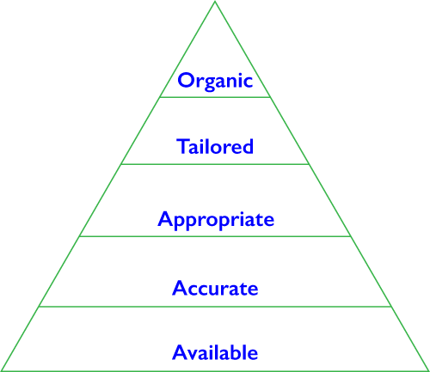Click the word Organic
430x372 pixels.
(215, 82)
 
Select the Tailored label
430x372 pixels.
(215, 146)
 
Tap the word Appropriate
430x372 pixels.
(216, 220)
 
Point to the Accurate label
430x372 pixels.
(215, 288)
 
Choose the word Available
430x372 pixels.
(215, 351)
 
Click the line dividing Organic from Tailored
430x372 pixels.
(215, 97)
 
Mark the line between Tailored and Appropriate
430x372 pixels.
(215, 164)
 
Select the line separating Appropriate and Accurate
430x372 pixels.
(215, 236)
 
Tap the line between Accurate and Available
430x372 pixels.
(215, 307)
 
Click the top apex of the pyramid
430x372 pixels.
(215, 2)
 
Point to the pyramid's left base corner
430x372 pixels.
(2, 371)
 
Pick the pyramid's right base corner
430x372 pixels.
(428, 371)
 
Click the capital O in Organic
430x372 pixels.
(187, 80)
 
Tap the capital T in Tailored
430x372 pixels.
(183, 146)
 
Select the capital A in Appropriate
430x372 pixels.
(166, 219)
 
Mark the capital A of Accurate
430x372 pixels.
(181, 288)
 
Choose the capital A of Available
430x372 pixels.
(181, 351)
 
